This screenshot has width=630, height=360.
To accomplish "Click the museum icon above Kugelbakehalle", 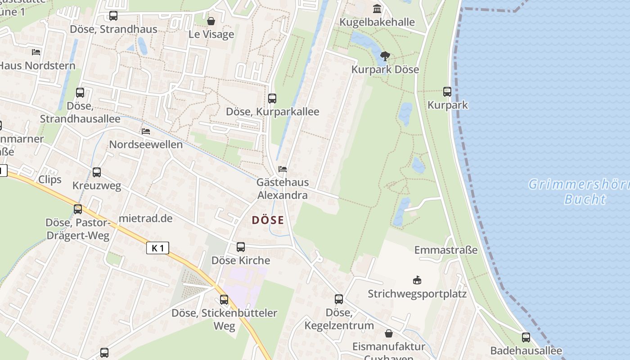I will (377, 9).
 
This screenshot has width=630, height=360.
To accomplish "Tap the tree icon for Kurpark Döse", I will (385, 56).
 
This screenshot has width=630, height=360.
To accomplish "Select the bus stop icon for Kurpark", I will (447, 92).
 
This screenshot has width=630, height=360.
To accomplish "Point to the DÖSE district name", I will (268, 220).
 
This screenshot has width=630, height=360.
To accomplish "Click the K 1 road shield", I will (157, 248).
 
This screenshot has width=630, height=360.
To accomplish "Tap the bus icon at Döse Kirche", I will (241, 247).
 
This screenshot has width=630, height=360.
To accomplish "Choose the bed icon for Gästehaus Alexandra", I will (283, 169).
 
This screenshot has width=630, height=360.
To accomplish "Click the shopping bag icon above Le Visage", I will (211, 21).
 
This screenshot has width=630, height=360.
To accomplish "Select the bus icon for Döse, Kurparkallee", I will (272, 99).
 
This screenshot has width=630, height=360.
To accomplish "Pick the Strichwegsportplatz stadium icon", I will (417, 280).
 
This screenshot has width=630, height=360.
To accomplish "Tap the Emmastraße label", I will (446, 250).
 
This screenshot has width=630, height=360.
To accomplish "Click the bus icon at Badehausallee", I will (526, 337).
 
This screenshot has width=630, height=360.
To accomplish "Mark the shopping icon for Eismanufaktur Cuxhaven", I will (388, 333).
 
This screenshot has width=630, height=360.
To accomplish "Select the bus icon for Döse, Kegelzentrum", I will (339, 299).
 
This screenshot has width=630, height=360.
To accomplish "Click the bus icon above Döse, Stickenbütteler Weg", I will (224, 300).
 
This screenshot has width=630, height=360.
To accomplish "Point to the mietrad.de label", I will (145, 219).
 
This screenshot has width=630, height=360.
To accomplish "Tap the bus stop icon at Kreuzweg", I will (97, 172).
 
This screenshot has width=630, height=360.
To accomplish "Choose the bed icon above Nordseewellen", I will (146, 131).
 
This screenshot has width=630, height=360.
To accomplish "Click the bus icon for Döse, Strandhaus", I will (113, 16).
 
